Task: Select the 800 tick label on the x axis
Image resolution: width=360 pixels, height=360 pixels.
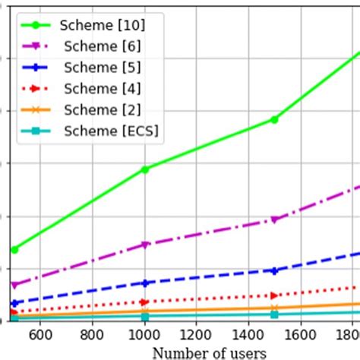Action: pos(92,335)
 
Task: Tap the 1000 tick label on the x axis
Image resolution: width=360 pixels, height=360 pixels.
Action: pos(144,335)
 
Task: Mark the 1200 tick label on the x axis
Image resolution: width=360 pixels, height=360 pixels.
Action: pos(196,335)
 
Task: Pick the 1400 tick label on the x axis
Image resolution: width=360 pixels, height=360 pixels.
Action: pos(248,335)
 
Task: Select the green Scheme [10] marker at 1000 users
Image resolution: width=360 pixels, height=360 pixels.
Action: pos(144,169)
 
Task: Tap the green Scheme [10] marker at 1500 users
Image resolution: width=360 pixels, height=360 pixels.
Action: pos(274,119)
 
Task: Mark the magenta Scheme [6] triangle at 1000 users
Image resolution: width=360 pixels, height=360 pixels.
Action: pos(144,245)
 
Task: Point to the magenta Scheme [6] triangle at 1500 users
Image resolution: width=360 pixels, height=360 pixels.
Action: pos(274,219)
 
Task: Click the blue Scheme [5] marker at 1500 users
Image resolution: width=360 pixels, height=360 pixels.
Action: pos(274,270)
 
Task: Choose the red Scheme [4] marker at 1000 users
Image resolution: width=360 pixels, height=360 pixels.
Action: pos(144,302)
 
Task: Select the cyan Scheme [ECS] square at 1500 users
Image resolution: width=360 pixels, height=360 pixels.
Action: pos(274,314)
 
